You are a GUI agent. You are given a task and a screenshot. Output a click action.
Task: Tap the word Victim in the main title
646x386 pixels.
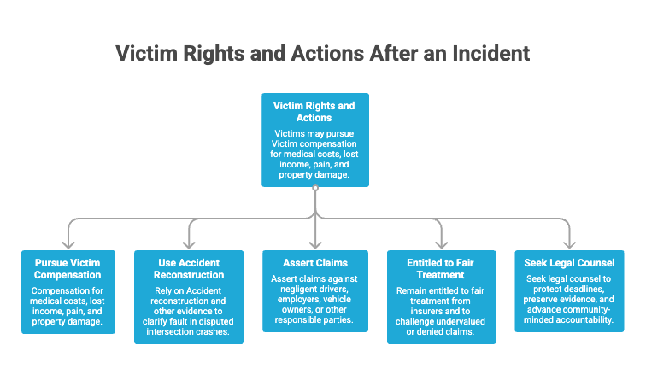[x=146, y=54]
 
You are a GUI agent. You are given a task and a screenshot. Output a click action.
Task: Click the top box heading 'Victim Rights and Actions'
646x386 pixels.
[x=314, y=112]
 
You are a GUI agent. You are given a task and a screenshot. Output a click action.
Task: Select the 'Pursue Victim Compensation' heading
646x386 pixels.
[x=68, y=269]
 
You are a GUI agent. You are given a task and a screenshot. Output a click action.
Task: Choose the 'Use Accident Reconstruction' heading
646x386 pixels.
[x=189, y=269]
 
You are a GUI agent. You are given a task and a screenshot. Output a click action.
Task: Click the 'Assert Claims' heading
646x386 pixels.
[x=315, y=263]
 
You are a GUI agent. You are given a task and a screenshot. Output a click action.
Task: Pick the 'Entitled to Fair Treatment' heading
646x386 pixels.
[x=440, y=269]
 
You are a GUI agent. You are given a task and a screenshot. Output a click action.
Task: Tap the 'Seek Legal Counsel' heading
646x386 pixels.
[x=569, y=263]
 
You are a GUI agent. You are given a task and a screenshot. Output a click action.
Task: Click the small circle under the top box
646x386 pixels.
[x=315, y=188]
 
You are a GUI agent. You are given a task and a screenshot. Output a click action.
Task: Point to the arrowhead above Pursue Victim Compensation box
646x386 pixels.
[x=68, y=245]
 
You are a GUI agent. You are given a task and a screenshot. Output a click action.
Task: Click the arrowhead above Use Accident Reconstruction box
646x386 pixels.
[x=189, y=245]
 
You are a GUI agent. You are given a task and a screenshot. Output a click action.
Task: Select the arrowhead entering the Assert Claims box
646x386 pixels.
[x=315, y=245]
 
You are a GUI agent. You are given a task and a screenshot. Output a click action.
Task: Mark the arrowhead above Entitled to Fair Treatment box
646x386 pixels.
[x=441, y=245]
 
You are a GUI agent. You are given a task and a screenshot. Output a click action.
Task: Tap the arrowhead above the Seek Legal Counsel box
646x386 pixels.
[x=569, y=245]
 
